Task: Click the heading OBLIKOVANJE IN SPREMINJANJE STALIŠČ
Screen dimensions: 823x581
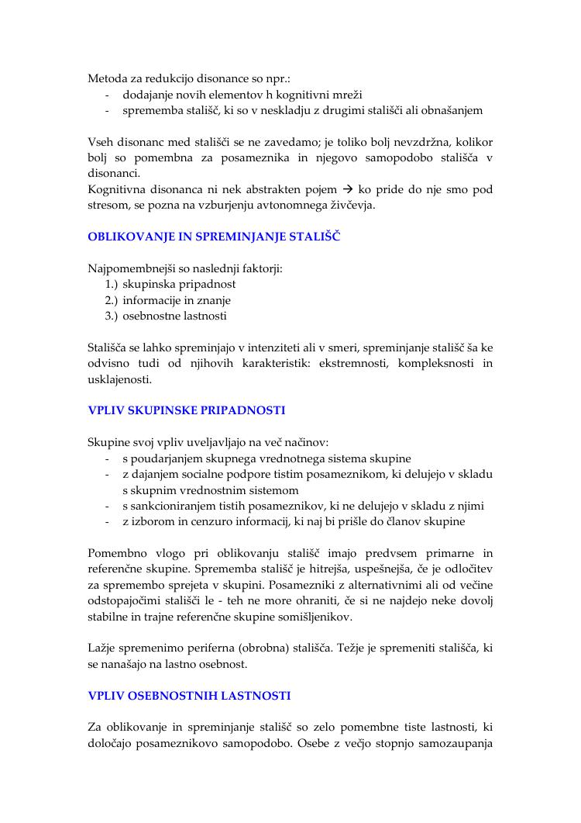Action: [x=214, y=237]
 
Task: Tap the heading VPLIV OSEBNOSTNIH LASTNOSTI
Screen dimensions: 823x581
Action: [x=189, y=696]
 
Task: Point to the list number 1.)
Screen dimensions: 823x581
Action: [x=112, y=285]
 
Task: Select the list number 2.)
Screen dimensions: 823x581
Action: [x=112, y=300]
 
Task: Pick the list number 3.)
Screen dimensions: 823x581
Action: [x=112, y=316]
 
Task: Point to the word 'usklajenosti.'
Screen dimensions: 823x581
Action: [x=120, y=380]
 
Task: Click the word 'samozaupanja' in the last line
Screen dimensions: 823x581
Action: [x=455, y=744]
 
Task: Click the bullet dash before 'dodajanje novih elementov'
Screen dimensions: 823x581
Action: [x=106, y=95]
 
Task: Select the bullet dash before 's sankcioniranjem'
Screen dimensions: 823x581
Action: [x=106, y=506]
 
